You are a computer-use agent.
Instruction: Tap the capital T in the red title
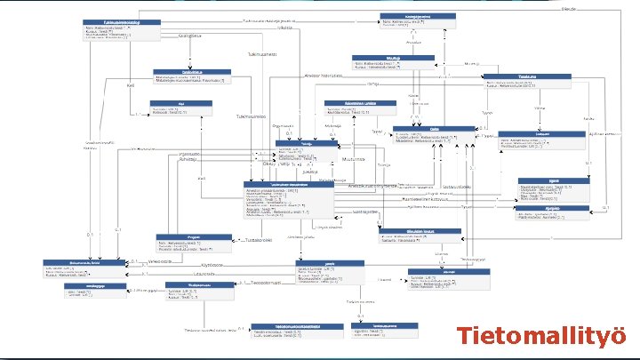pos(465,336)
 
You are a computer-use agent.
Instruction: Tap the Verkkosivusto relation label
pos(160,261)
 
